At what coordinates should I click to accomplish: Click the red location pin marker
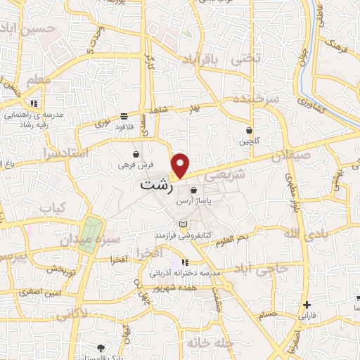point(181,165)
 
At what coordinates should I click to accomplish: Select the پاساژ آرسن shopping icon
point(193,189)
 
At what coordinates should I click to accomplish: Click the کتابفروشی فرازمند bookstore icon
point(184,224)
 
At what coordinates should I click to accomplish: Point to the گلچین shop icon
point(250,130)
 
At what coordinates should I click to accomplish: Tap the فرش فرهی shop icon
point(136,153)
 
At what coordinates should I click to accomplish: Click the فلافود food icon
point(124,117)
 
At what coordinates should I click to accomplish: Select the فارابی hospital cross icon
point(307,304)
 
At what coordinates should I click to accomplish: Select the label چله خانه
point(209,342)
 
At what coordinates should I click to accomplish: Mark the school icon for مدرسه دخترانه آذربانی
point(184,263)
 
